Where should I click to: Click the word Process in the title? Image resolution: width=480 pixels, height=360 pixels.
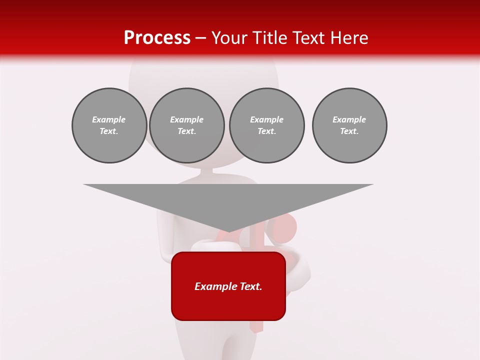[x=157, y=38]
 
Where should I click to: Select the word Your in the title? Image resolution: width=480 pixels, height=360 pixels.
[x=230, y=38]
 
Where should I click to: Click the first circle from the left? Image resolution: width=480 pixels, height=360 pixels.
[x=109, y=125]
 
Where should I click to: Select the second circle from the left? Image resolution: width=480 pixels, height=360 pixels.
[x=186, y=125]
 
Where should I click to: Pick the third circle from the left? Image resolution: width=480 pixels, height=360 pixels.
[x=266, y=125]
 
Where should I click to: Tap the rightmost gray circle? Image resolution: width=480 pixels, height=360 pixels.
[x=349, y=125]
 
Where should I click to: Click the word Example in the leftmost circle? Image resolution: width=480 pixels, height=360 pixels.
[x=109, y=120]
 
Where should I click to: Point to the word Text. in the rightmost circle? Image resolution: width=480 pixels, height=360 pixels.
[x=349, y=131]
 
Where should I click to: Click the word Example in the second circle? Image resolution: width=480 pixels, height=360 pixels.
[x=186, y=120]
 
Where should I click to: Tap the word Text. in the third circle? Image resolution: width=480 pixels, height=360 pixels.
[x=266, y=131]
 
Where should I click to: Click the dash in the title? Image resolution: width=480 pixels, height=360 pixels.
[x=201, y=38]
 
